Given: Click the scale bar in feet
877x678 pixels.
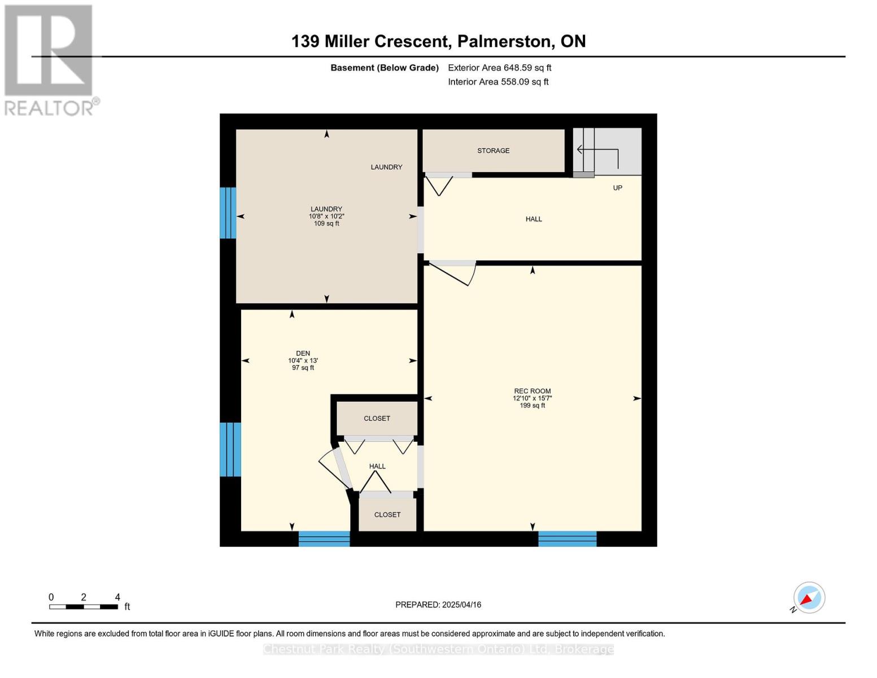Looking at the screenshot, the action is click(x=84, y=606).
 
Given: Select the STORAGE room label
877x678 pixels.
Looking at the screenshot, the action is click(x=493, y=151).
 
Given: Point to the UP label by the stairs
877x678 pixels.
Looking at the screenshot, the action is click(x=617, y=188).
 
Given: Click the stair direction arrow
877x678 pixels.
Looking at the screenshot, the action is click(x=599, y=155).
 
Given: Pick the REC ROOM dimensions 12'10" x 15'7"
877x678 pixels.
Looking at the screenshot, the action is click(x=533, y=398).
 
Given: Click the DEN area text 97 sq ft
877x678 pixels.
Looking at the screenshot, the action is click(x=303, y=367).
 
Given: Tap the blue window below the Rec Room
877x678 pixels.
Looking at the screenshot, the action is click(x=567, y=538).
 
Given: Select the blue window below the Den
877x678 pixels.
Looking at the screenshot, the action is click(x=324, y=538).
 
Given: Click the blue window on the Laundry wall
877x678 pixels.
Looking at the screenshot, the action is click(x=228, y=213).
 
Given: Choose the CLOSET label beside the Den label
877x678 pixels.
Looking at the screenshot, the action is click(x=377, y=418).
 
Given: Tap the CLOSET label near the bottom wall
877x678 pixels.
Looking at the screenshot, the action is click(x=387, y=515).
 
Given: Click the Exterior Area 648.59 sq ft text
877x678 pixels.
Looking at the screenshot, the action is click(x=500, y=68).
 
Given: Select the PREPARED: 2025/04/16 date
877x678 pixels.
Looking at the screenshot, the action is click(x=438, y=605).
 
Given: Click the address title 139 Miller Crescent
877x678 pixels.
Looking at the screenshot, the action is click(x=370, y=41).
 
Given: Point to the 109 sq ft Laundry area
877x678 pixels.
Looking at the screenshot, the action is click(x=326, y=223).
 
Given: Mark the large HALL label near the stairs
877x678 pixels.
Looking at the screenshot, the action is click(x=534, y=219).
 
